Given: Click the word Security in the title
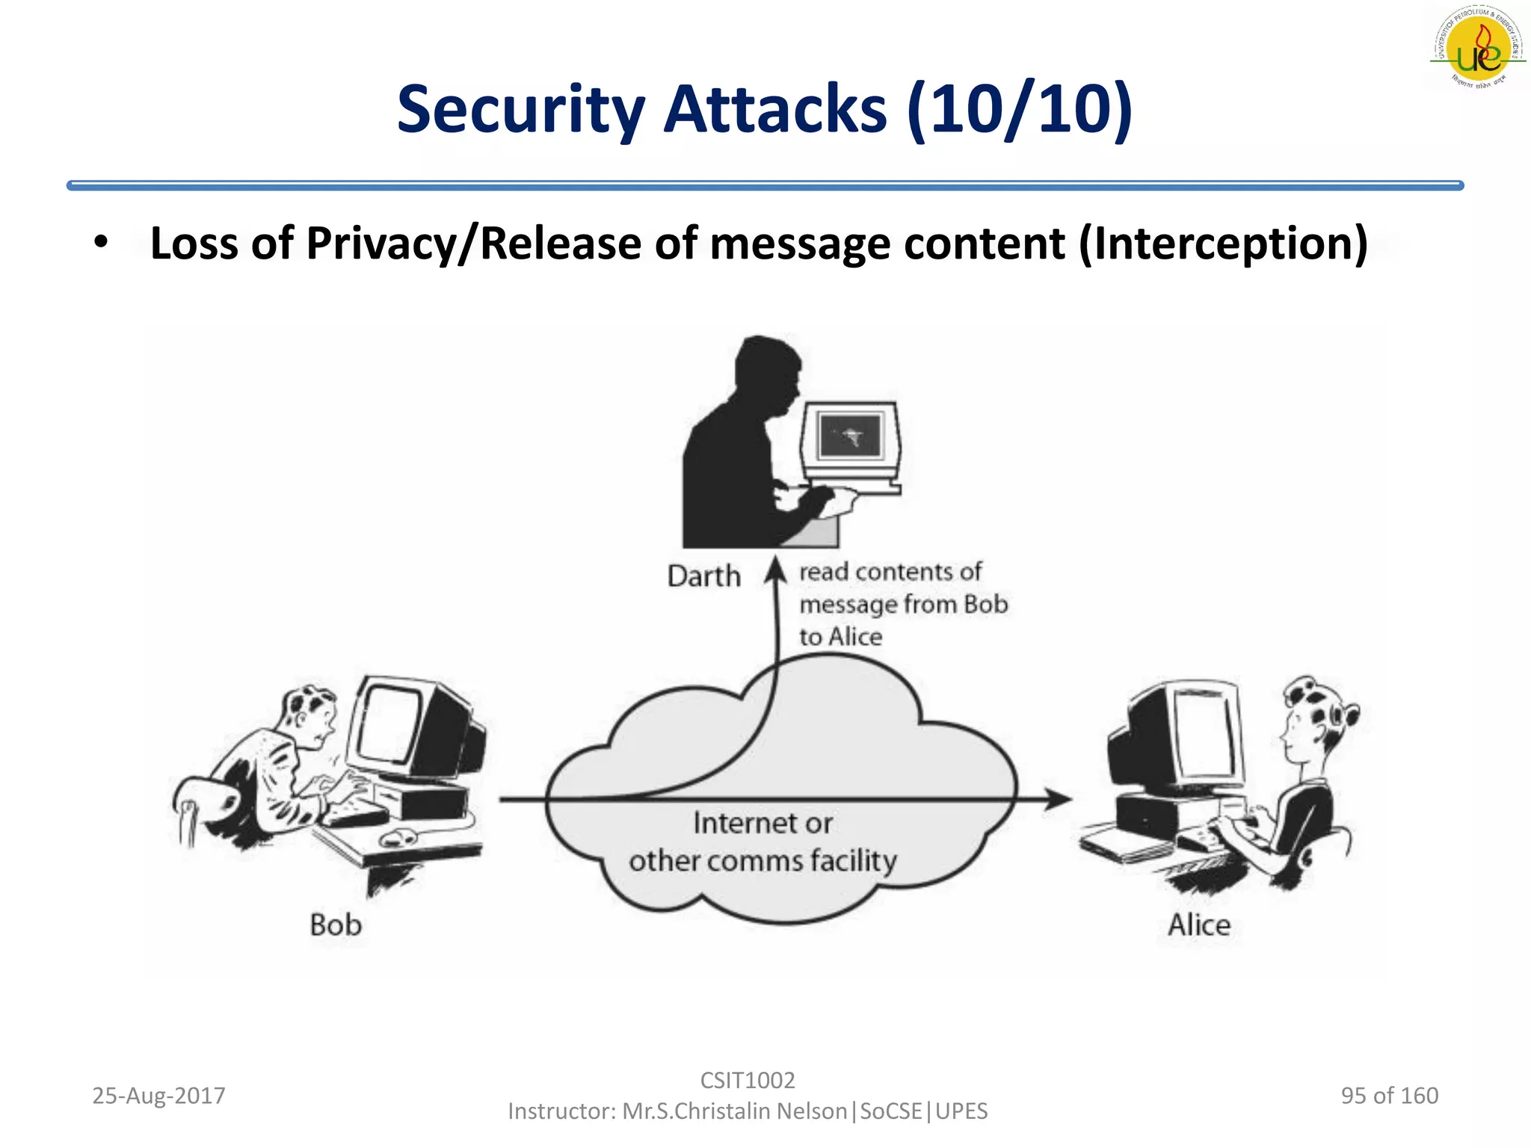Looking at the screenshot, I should (x=520, y=110).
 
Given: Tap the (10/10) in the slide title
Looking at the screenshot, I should (x=1020, y=110).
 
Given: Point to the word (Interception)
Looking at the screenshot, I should (x=1223, y=244).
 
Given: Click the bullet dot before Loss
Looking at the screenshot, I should (x=101, y=242).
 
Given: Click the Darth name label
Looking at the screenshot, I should (x=703, y=576).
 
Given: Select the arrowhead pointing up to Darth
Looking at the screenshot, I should (x=776, y=570).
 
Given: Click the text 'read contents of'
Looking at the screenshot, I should (x=890, y=572).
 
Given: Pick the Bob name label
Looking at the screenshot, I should (x=336, y=925).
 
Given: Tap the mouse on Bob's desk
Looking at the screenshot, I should (x=399, y=838).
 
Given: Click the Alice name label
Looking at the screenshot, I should (x=1198, y=925).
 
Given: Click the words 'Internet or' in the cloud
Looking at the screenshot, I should (x=762, y=823).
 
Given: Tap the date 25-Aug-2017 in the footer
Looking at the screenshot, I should (x=158, y=1096).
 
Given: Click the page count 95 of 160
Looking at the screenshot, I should (x=1389, y=1096).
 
